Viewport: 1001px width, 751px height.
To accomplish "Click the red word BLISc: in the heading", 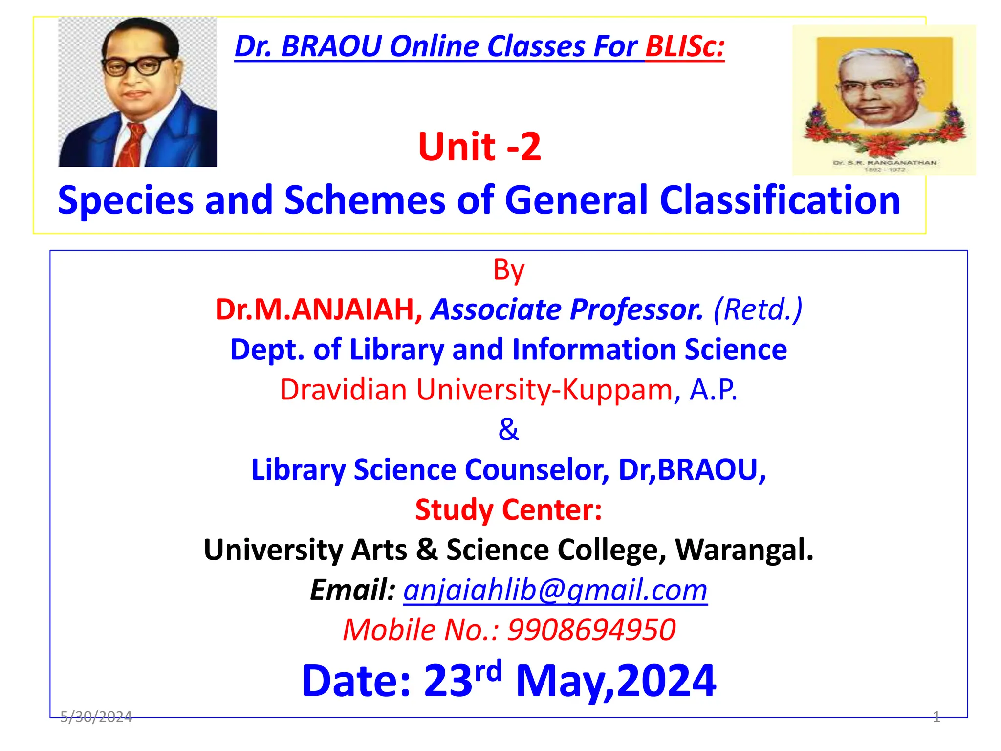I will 684,47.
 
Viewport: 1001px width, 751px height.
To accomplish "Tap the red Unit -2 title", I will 479,147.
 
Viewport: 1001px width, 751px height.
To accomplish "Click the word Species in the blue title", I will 125,200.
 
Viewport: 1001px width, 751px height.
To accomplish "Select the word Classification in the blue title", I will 780,200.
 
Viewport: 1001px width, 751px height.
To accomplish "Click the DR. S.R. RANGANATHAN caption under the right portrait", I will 885,162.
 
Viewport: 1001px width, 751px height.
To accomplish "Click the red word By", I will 508,270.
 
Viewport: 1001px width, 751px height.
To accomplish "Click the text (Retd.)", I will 758,310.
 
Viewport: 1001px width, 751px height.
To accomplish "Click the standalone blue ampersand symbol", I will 508,430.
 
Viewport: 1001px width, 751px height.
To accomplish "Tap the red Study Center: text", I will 508,510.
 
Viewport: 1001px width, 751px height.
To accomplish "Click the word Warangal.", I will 744,550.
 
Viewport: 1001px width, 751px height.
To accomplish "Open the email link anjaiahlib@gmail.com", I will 555,590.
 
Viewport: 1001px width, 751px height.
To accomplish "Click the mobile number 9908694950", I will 591,630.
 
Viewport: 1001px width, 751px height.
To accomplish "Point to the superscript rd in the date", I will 488,671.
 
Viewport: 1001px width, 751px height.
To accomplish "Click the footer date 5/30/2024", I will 96,717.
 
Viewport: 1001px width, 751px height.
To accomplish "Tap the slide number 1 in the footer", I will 936,717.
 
